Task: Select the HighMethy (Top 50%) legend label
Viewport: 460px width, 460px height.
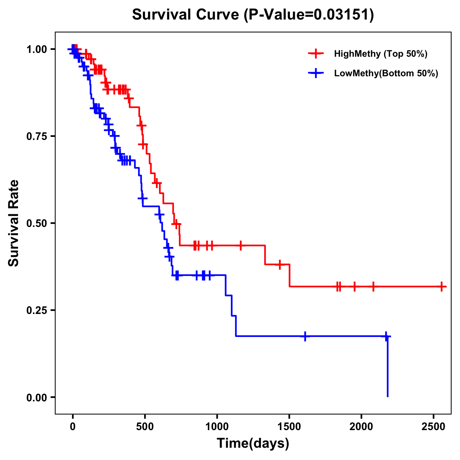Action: pyautogui.click(x=381, y=54)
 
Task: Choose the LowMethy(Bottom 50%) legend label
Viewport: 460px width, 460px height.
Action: pyautogui.click(x=386, y=73)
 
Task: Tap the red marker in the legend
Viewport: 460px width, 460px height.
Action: pyautogui.click(x=316, y=54)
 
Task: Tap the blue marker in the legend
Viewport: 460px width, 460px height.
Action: pyautogui.click(x=316, y=73)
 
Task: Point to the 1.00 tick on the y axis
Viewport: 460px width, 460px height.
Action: pyautogui.click(x=36, y=49)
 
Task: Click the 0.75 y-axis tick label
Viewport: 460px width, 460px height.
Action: pyautogui.click(x=36, y=136)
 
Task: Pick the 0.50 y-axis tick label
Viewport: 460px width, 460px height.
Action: pyautogui.click(x=36, y=223)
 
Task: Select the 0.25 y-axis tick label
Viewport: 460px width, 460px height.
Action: pyautogui.click(x=36, y=310)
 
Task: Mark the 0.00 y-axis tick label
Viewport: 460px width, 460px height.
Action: pyautogui.click(x=36, y=397)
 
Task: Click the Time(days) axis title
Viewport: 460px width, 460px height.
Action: pyautogui.click(x=253, y=444)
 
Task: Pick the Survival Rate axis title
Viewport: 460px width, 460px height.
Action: pyautogui.click(x=14, y=223)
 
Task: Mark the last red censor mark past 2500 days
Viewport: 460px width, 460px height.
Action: pyautogui.click(x=442, y=286)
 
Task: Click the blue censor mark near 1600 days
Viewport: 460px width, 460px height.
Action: pyautogui.click(x=305, y=336)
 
